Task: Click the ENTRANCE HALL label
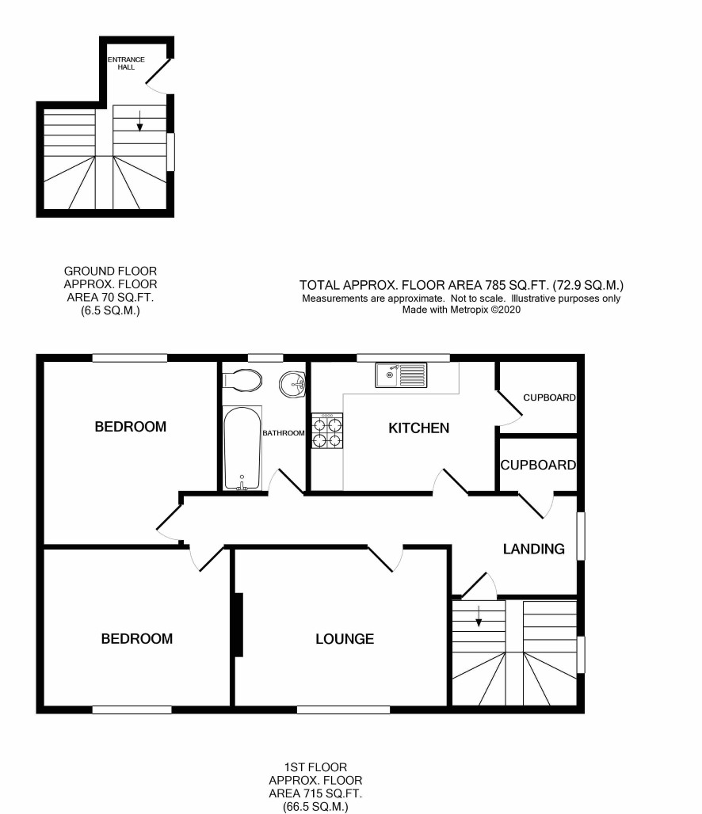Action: coord(126,63)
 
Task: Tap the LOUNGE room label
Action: coord(345,639)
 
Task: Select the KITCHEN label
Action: coord(419,428)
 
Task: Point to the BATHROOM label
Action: coord(283,433)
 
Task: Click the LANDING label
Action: coord(534,550)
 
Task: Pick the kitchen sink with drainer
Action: coord(401,375)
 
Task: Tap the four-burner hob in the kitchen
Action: coord(327,431)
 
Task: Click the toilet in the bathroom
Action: coord(242,381)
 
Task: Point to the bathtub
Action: coord(242,448)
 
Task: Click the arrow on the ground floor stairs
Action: coord(139,121)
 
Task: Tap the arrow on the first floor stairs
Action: coord(479,616)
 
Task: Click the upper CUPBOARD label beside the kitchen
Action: coord(549,397)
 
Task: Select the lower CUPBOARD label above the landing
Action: coord(538,465)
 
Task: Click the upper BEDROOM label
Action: coord(131,427)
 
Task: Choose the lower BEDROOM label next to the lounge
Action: coord(136,639)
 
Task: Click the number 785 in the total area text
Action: coord(496,285)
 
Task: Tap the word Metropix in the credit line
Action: coord(468,310)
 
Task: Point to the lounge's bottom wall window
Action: coord(343,709)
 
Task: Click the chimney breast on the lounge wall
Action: coord(239,625)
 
